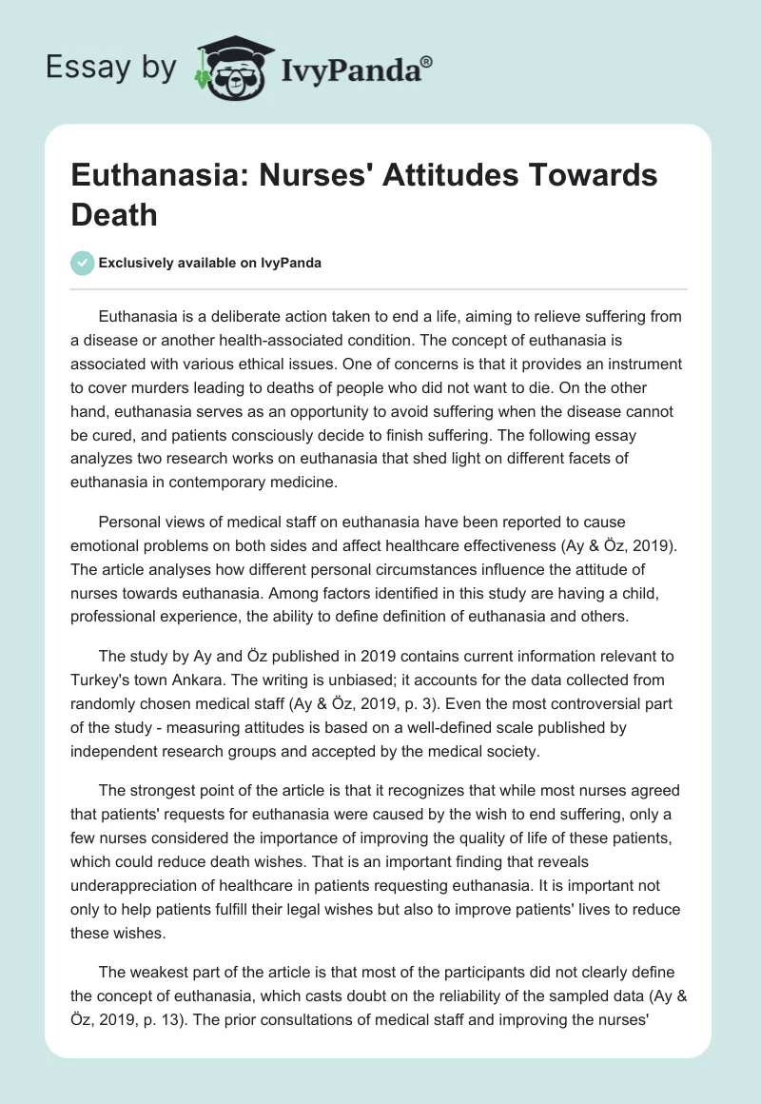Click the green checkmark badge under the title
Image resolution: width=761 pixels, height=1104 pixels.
tap(84, 263)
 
